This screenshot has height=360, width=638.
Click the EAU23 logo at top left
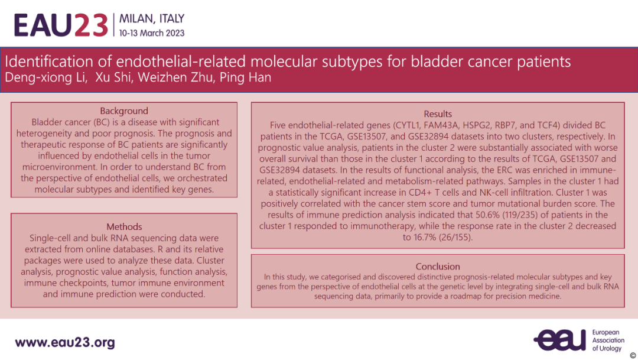click(x=61, y=25)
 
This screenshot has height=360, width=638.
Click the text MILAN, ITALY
click(x=152, y=19)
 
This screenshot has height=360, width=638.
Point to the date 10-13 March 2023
click(x=152, y=33)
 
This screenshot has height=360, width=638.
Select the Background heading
click(x=124, y=111)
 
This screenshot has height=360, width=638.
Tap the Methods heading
click(x=124, y=226)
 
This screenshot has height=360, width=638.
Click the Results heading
click(x=438, y=114)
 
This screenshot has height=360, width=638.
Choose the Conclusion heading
click(x=438, y=267)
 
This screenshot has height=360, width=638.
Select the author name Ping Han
click(x=245, y=77)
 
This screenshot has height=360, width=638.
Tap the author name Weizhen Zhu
click(x=176, y=77)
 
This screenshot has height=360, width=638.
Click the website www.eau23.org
click(x=65, y=342)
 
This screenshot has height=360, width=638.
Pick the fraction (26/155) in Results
click(x=454, y=238)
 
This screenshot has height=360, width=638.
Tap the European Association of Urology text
click(x=608, y=340)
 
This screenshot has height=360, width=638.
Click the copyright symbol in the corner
click(x=633, y=355)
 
